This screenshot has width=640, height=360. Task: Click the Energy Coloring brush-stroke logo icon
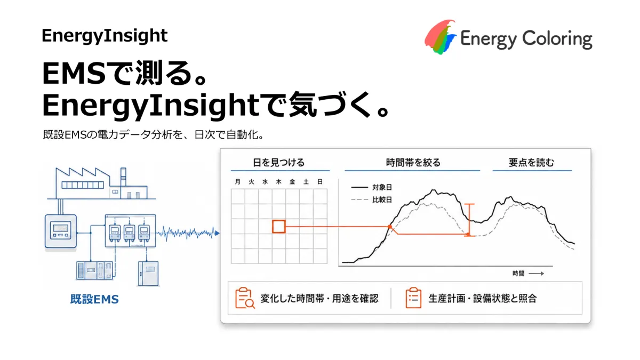(x=441, y=37)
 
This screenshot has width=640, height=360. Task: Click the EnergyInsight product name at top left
(x=105, y=36)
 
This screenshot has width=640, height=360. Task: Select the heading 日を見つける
(x=279, y=163)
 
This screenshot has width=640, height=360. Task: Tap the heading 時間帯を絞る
(x=413, y=163)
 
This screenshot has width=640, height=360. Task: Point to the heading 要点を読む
(x=531, y=163)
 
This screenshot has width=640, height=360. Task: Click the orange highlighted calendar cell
(x=279, y=226)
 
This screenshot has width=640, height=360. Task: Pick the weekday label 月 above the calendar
(x=238, y=182)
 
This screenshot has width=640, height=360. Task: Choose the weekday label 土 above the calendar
(x=306, y=182)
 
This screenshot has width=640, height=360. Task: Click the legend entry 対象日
(x=382, y=187)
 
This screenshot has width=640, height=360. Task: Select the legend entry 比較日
(x=382, y=199)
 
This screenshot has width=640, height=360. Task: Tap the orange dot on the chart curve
(x=390, y=227)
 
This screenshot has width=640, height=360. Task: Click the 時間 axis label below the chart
(x=518, y=274)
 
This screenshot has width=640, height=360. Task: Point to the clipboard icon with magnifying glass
(x=245, y=298)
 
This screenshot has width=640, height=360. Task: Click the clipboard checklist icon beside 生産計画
(x=413, y=298)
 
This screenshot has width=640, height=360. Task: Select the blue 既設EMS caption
(x=94, y=299)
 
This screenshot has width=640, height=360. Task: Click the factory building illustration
(x=101, y=183)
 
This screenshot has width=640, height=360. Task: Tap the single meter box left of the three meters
(x=61, y=231)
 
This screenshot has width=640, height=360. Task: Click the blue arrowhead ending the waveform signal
(x=217, y=233)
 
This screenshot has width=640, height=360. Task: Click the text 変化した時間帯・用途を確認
(x=319, y=299)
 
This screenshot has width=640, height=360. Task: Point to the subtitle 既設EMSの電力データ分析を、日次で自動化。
(x=153, y=134)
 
